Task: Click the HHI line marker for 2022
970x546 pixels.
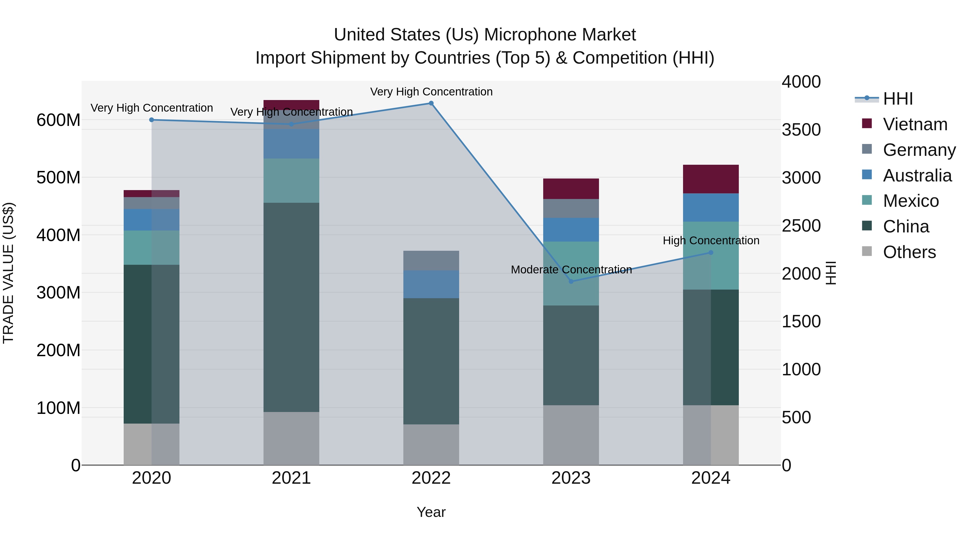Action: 431,103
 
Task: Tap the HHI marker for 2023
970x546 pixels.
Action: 571,281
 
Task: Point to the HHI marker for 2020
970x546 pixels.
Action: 152,120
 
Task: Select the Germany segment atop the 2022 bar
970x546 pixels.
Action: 431,260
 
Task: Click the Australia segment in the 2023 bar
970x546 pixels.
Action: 571,229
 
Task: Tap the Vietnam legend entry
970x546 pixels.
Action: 915,124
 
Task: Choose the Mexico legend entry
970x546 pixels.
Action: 910,201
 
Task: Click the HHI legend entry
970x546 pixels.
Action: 898,99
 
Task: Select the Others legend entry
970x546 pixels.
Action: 909,252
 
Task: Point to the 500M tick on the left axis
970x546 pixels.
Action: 58,177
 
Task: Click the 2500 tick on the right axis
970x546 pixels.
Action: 801,226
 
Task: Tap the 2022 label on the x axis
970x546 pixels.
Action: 431,478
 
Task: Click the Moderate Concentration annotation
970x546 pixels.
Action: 571,269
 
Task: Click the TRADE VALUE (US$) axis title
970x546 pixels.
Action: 8,273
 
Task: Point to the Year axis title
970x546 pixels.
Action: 431,512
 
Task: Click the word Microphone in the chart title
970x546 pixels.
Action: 560,35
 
